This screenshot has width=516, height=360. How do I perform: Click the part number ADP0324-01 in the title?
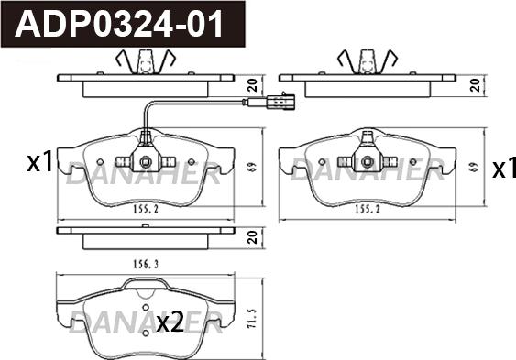118,25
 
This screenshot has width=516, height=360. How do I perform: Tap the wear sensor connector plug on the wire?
280,103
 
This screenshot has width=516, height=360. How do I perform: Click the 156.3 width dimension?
146,264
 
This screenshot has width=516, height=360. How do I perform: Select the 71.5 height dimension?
252,318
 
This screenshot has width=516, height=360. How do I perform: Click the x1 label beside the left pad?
39,162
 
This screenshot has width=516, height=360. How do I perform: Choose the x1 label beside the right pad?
504,168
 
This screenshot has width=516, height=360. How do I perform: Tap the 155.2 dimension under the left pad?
146,209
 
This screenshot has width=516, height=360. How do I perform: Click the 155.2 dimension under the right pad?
368,209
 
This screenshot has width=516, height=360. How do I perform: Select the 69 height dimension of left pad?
252,168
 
